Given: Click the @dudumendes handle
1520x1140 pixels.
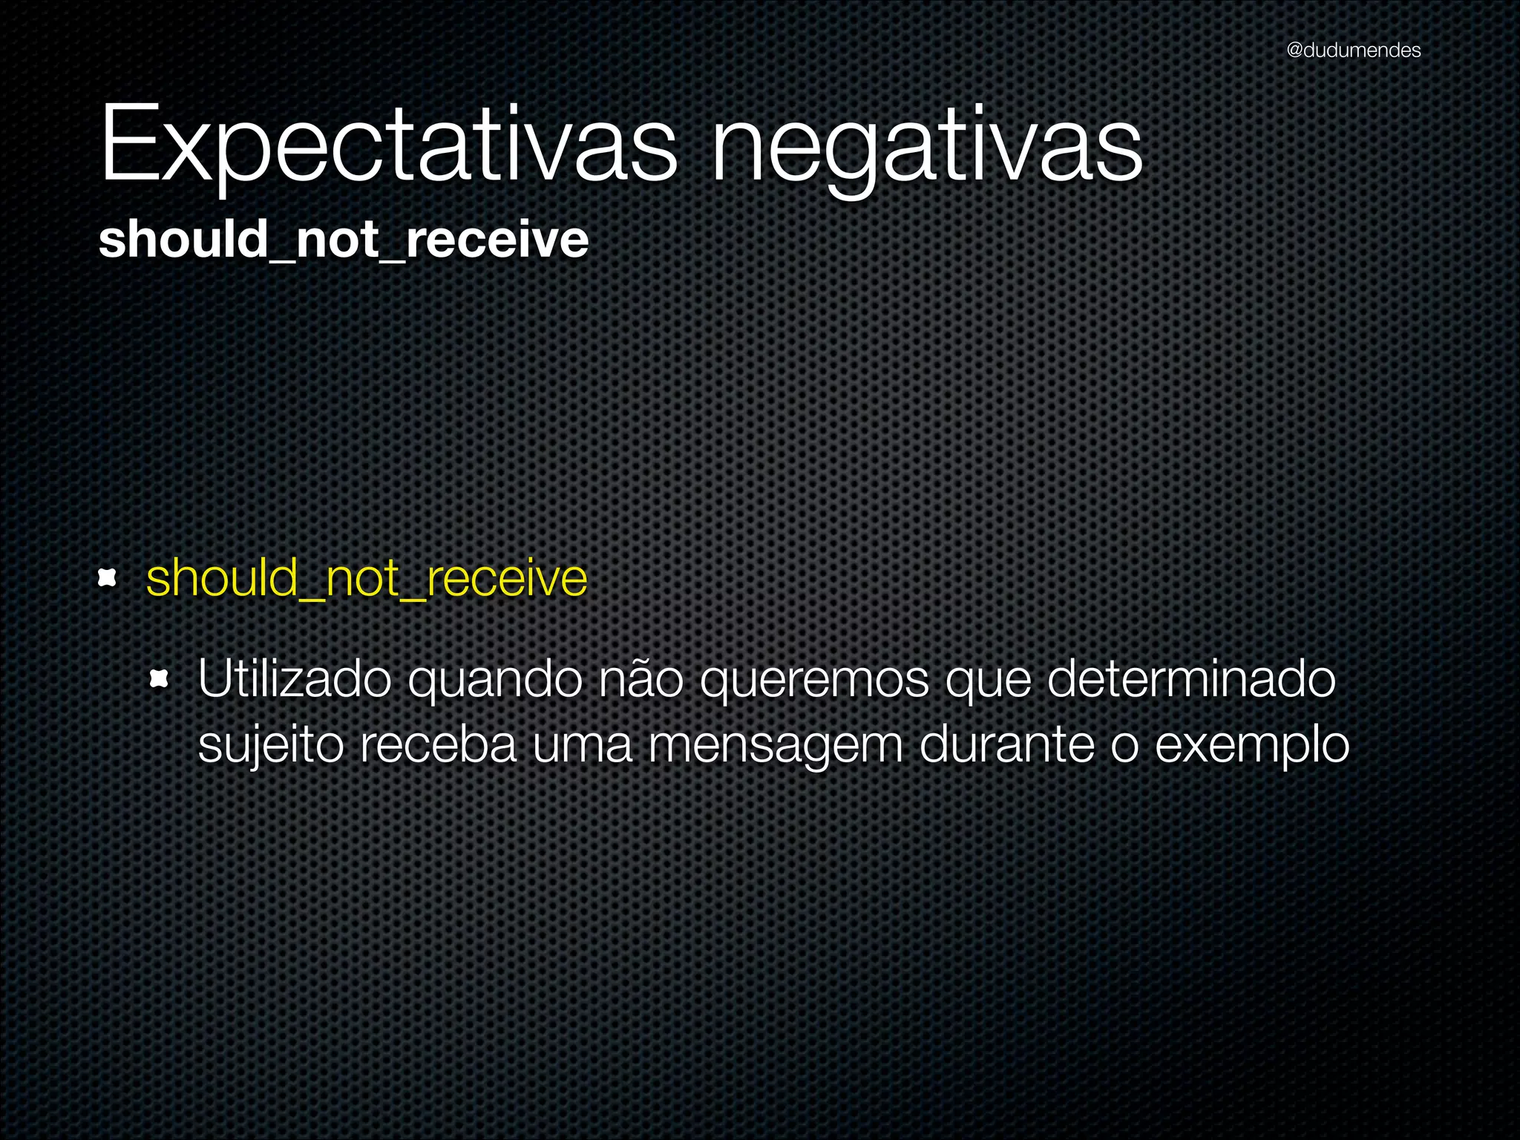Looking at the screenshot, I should (x=1353, y=50).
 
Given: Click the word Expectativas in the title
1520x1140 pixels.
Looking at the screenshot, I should (x=388, y=145).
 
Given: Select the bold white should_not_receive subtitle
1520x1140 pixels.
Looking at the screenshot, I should (x=343, y=240).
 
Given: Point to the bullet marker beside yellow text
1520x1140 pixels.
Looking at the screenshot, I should (x=108, y=577).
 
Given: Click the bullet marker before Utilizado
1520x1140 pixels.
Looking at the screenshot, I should (x=160, y=678).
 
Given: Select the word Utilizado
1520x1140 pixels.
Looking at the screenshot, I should (x=295, y=678).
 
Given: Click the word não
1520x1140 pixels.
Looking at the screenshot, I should (x=640, y=678).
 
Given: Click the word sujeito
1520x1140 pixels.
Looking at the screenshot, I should (x=271, y=745).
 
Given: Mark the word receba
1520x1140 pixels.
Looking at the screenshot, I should (x=438, y=744).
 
